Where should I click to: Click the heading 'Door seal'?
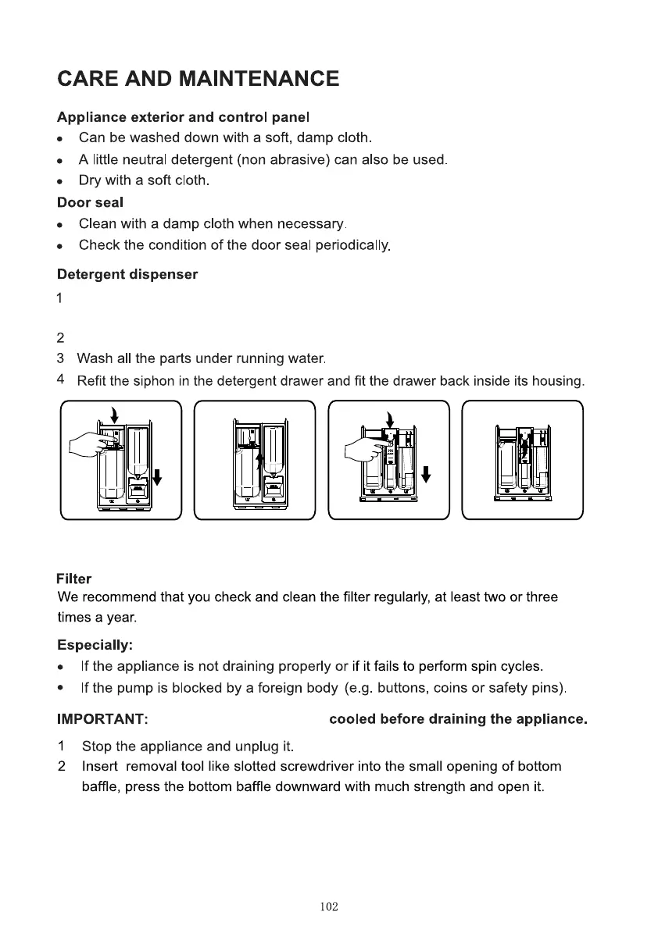(90, 202)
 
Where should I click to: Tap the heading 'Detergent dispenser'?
(127, 275)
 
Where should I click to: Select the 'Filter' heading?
(74, 579)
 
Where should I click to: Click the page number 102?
(329, 907)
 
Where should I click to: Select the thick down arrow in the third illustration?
(426, 473)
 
